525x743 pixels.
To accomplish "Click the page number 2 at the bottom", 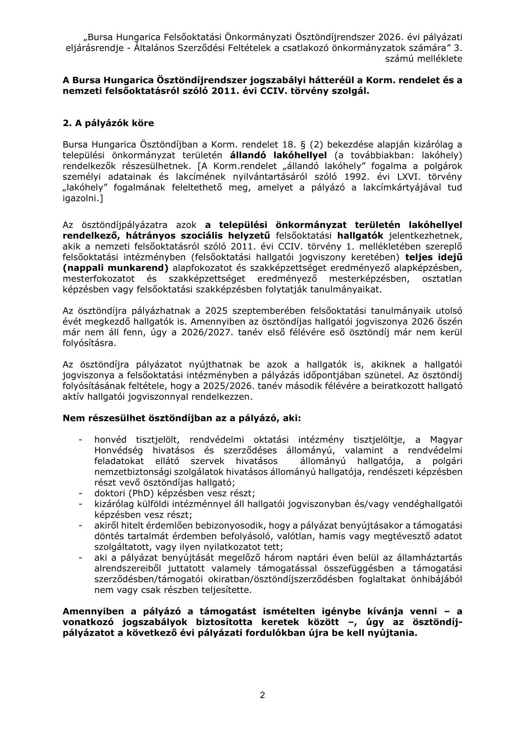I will (262, 695).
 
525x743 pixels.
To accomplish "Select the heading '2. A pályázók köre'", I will (108, 123).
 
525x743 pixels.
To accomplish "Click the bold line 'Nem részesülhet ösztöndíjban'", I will (182, 418).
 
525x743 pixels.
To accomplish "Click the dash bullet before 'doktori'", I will (80, 493).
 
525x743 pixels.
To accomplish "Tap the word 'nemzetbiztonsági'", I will (130, 472).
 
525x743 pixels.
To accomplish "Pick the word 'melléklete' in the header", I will (440, 58).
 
